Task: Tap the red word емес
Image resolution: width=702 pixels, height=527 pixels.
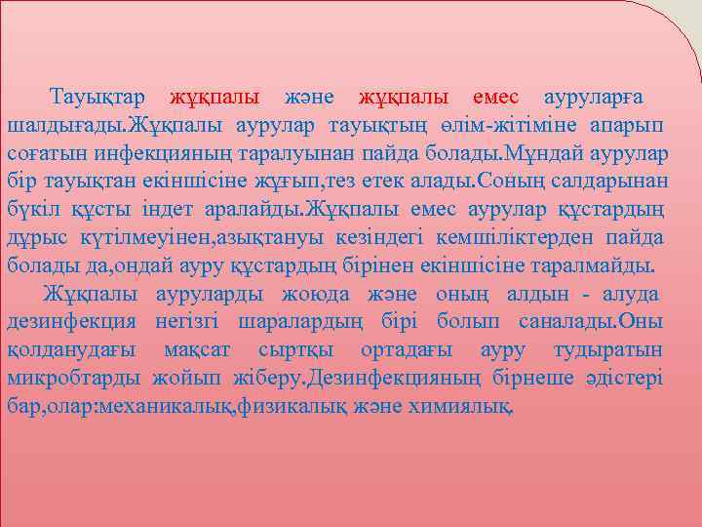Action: point(496,98)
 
